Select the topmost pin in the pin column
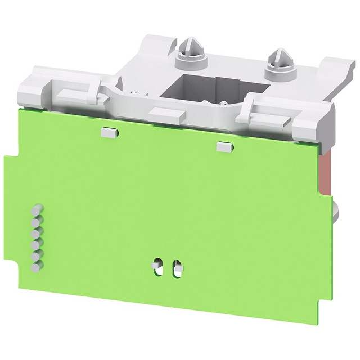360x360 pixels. click(x=37, y=208)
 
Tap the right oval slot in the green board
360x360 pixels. click(x=177, y=267)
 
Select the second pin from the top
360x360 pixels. click(x=37, y=217)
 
